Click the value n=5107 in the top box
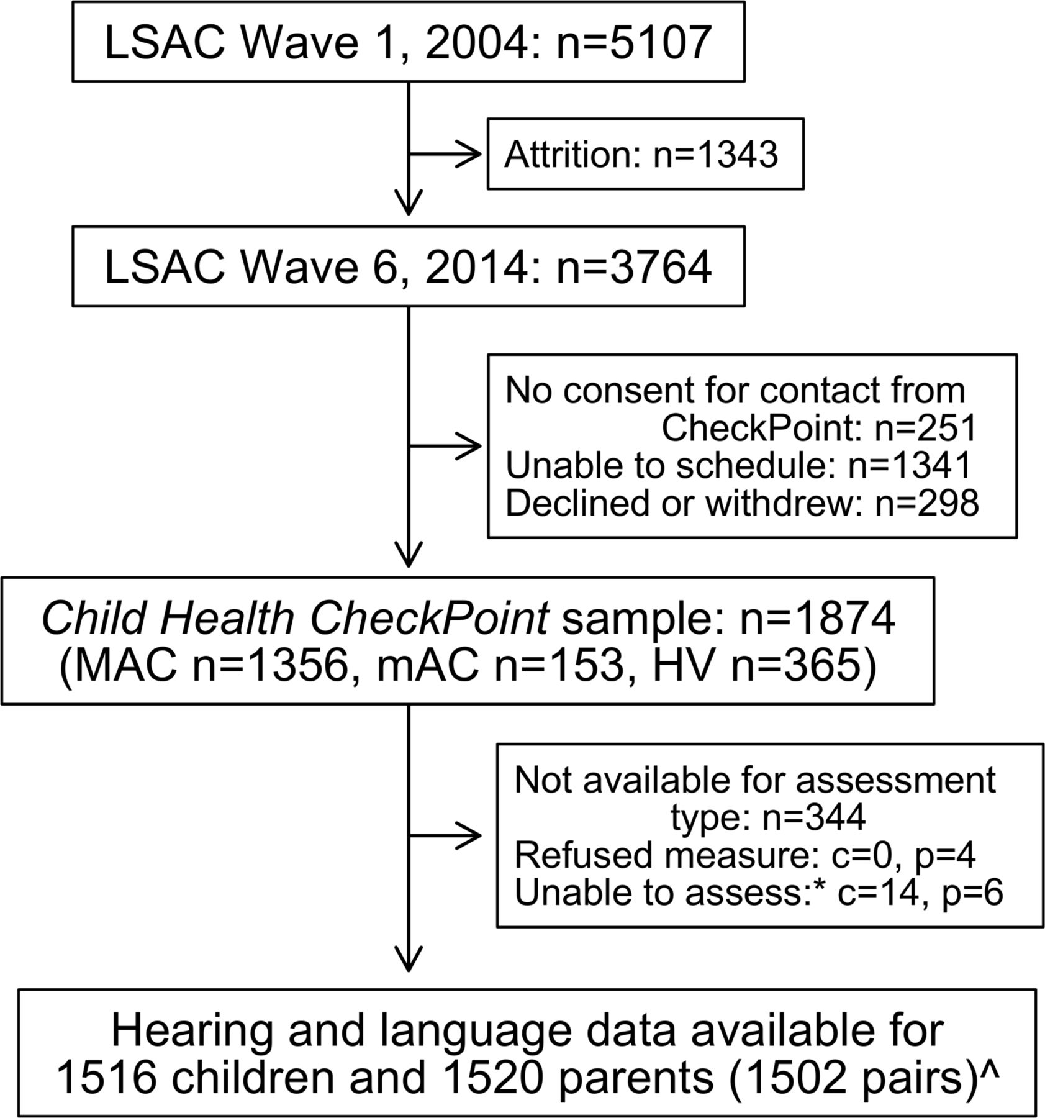[x=633, y=42]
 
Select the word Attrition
[x=571, y=154]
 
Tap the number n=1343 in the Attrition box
[x=715, y=154]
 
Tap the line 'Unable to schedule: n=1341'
[x=738, y=465]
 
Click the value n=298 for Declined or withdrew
[x=927, y=502]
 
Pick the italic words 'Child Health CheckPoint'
[x=295, y=619]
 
